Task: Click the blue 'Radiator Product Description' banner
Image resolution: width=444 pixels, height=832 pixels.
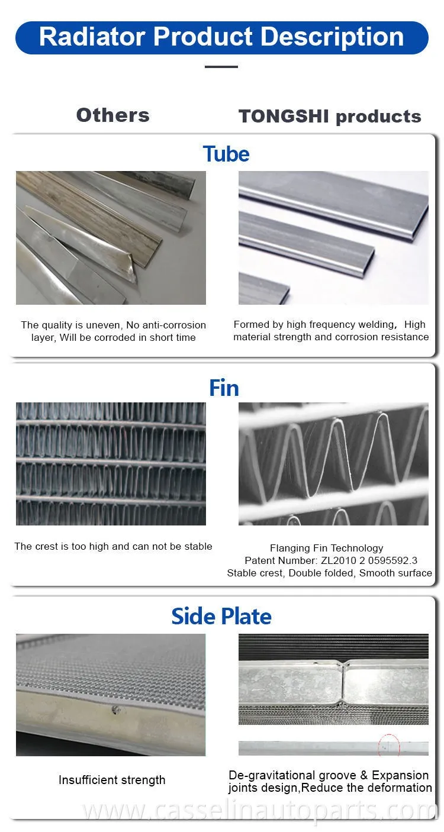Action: point(222,37)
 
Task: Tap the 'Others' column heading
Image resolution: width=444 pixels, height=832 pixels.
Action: point(113,115)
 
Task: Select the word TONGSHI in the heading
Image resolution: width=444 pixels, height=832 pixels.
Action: point(284,116)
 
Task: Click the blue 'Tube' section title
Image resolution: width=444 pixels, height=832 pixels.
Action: point(226,154)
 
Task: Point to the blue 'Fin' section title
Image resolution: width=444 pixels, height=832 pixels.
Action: point(224,388)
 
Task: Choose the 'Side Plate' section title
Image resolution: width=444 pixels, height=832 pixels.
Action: point(221,617)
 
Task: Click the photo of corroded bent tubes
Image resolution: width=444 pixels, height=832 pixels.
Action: point(111,238)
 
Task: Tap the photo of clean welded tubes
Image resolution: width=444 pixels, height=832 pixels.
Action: point(333,238)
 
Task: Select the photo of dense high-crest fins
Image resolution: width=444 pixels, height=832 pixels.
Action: point(111,463)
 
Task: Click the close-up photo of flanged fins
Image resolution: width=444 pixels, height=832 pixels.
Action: point(333,463)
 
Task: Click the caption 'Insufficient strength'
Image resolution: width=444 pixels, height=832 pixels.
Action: point(112,780)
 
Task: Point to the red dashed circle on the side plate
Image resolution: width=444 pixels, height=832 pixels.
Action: point(389,744)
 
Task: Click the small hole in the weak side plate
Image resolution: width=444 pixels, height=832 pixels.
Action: point(115,711)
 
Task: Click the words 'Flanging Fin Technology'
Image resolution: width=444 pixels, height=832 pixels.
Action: point(327,548)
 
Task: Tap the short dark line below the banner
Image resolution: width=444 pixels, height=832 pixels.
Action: point(221,67)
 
